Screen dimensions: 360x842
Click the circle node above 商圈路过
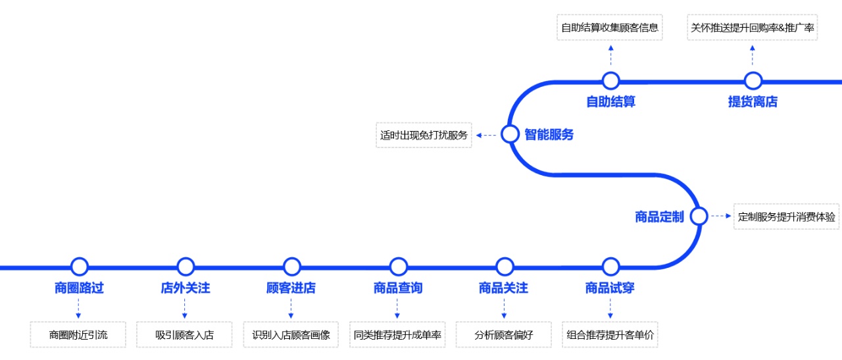point(79,267)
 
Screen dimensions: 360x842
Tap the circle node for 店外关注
point(186,267)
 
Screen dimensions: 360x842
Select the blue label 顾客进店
point(291,288)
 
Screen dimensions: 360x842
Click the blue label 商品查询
point(398,288)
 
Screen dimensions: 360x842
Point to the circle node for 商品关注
point(505,267)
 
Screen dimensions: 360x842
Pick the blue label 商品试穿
point(610,288)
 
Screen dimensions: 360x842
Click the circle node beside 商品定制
point(699,216)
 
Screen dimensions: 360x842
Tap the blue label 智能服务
point(549,135)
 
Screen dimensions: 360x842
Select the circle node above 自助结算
point(610,81)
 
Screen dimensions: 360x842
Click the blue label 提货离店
point(753,102)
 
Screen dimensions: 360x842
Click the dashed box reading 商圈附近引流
point(78,335)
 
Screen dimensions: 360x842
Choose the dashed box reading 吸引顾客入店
point(185,335)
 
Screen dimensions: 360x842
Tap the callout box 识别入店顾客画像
point(291,335)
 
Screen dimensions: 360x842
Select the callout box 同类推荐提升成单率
point(397,335)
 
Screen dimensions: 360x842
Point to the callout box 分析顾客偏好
point(504,335)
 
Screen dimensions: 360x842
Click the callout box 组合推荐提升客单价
point(610,335)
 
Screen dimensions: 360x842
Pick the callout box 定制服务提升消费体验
point(787,217)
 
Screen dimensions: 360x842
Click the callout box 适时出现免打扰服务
point(424,135)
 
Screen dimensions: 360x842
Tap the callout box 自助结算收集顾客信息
point(610,28)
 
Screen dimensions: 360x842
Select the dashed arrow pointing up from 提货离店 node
point(753,57)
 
